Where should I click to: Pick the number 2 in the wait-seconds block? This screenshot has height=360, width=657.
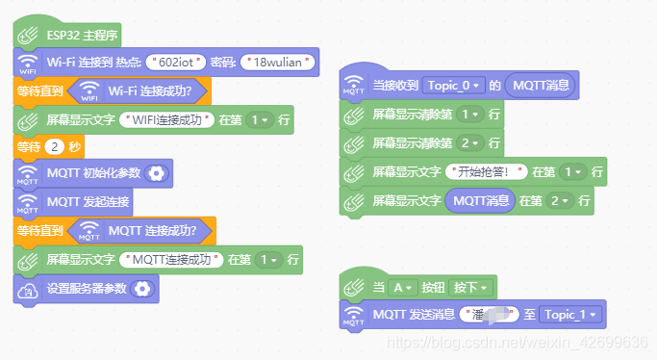tap(55, 147)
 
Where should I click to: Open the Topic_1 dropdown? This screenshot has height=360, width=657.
tap(573, 314)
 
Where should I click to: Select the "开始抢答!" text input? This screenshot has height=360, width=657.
tap(492, 172)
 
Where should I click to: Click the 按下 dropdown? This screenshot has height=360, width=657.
tap(471, 287)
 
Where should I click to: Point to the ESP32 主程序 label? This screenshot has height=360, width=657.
tap(82, 37)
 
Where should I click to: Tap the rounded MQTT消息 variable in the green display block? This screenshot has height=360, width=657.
tap(481, 201)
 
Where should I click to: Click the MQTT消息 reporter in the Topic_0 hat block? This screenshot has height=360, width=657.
tap(541, 86)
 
